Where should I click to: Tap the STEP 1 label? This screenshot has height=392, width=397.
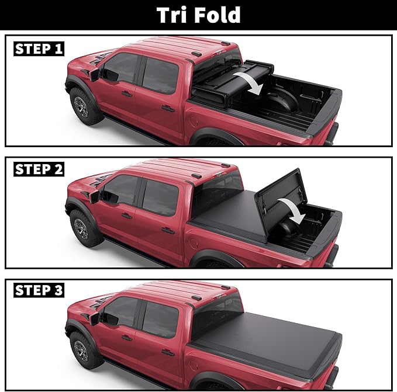(39, 48)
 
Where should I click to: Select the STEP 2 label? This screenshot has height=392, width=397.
(39, 169)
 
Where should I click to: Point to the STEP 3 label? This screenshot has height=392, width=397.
(39, 290)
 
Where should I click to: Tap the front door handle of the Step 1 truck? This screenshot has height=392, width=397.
(126, 93)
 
